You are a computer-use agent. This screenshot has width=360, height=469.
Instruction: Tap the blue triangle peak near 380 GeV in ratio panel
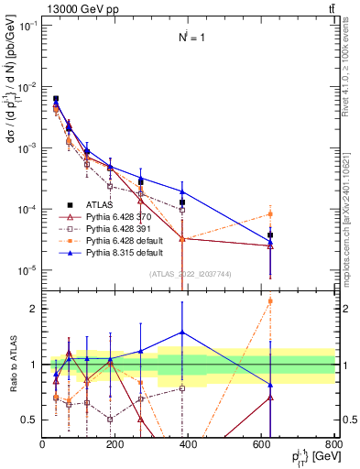click(182, 333)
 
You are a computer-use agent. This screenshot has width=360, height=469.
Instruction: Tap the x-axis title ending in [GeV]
click(308, 457)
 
